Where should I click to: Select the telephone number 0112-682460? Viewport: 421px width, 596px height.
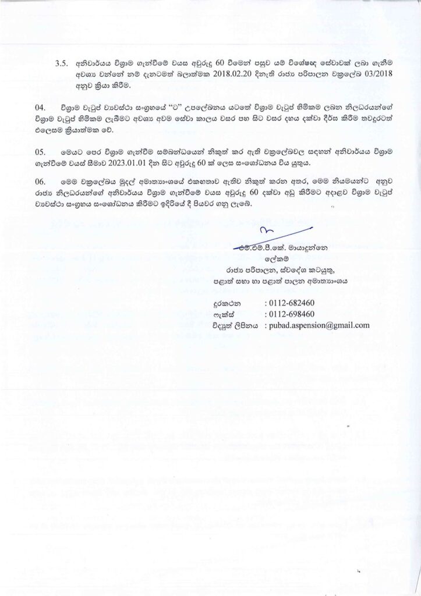[x=289, y=303]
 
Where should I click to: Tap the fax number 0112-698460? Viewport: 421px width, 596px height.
[x=289, y=314]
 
